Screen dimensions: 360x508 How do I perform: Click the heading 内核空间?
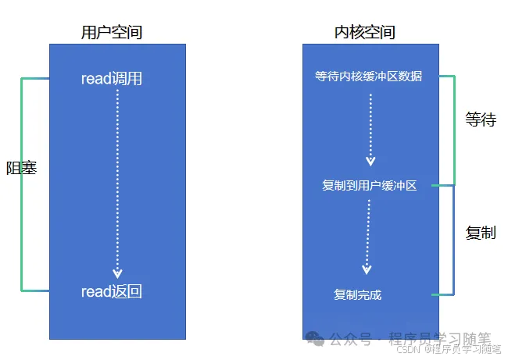click(364, 32)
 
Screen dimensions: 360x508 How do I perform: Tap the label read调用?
click(112, 79)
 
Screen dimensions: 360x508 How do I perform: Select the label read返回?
click(112, 292)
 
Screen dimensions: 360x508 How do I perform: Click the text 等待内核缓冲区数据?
click(369, 77)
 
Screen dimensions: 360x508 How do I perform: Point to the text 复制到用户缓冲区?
click(370, 186)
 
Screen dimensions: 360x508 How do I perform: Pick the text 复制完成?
click(358, 294)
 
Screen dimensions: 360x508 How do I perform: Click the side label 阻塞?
click(22, 167)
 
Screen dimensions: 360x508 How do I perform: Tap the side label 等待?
click(481, 120)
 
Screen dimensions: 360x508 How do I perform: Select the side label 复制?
click(481, 233)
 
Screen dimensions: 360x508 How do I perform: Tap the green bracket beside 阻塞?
click(22, 234)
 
